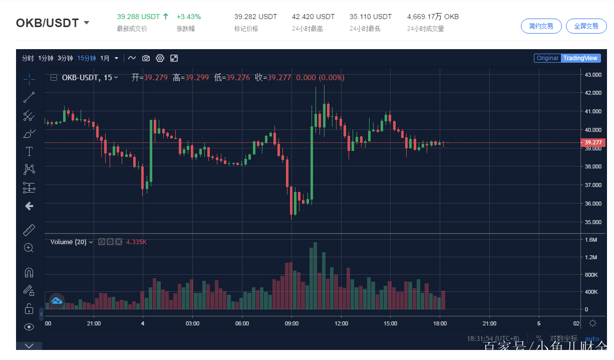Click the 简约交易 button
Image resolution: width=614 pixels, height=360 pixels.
(x=541, y=26)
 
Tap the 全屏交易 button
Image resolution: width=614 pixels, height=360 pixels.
(x=586, y=26)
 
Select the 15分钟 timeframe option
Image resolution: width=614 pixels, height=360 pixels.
(x=86, y=58)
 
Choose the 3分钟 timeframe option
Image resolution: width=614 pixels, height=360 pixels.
(x=65, y=58)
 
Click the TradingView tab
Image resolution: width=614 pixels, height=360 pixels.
(x=580, y=58)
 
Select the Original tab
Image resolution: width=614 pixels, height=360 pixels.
(x=547, y=58)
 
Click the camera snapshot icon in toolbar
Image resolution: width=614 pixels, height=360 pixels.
(x=146, y=58)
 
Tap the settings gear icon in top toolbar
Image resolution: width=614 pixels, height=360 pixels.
(x=160, y=58)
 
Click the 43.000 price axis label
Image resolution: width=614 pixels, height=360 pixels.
(x=593, y=75)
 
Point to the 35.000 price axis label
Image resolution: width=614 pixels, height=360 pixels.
(x=593, y=222)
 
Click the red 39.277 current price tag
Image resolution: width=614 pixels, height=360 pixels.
(x=593, y=143)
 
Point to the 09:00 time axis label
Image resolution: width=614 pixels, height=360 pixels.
(x=291, y=323)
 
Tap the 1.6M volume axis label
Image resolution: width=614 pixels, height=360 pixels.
(x=591, y=240)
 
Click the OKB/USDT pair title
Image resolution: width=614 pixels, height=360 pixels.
(x=48, y=23)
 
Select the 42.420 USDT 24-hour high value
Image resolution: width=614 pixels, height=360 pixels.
(x=313, y=17)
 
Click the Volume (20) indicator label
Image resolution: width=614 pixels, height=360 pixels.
(x=68, y=242)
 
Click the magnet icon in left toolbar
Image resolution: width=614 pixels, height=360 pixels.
(x=29, y=273)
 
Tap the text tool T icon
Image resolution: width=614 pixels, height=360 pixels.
(x=29, y=151)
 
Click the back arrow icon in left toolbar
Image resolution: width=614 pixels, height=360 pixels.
(x=29, y=206)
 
